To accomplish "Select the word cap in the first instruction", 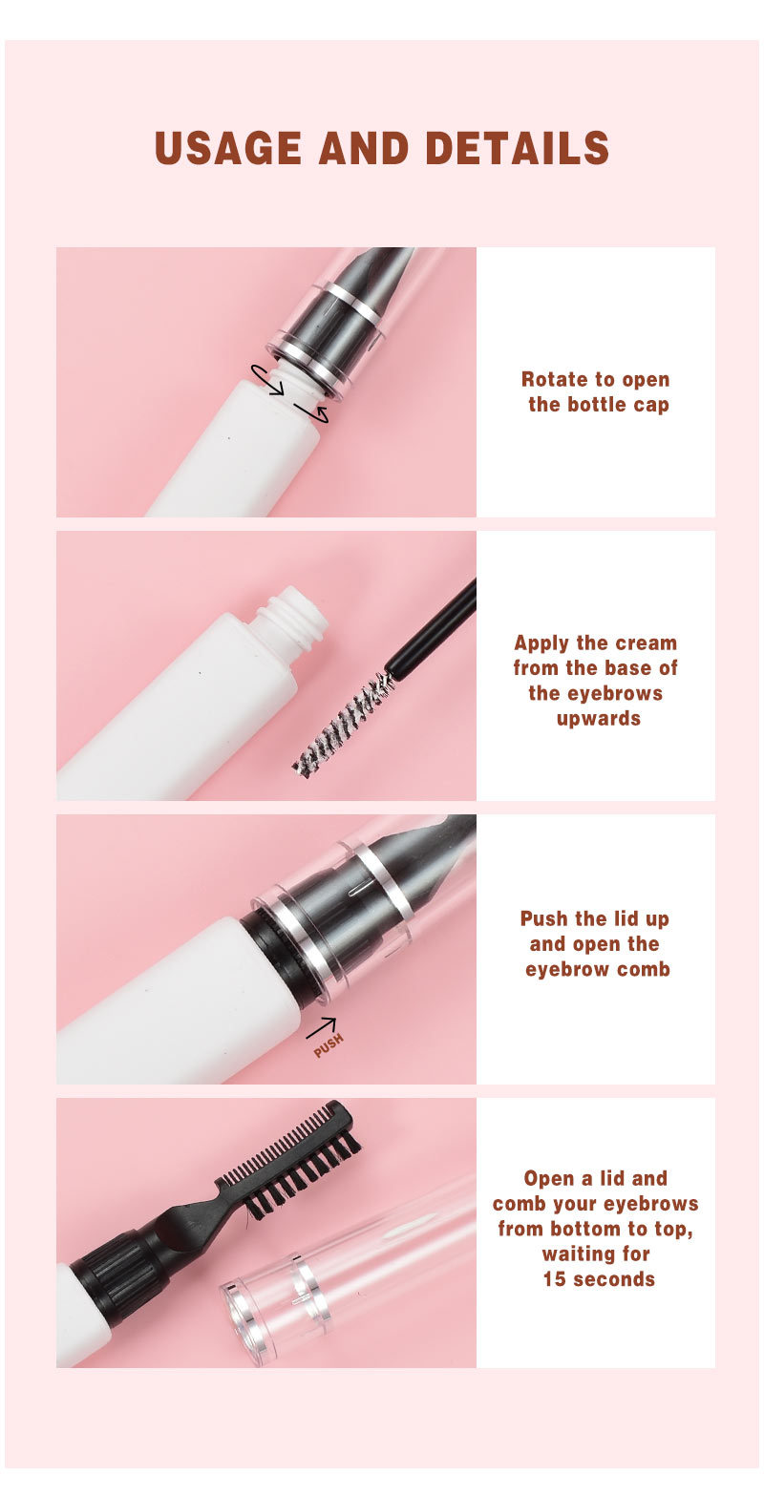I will click(650, 404).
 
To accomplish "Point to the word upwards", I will click(598, 718).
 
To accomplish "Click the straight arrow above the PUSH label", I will click(321, 1027).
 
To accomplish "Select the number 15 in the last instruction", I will click(555, 1279).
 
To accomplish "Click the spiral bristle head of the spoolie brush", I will click(344, 723).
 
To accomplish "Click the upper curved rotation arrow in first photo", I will click(267, 378).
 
